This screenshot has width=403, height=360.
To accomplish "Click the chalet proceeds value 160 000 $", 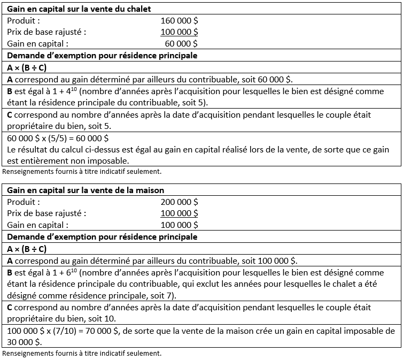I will pyautogui.click(x=179, y=20).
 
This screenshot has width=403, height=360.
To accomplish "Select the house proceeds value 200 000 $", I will pyautogui.click(x=179, y=202).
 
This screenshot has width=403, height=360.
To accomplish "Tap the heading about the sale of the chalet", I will pyautogui.click(x=80, y=9).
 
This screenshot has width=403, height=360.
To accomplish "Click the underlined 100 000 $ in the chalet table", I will pyautogui.click(x=179, y=32).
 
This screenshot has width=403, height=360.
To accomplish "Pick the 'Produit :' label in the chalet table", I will pyautogui.click(x=24, y=20).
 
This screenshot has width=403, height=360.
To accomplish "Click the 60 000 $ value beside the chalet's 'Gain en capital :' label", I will pyautogui.click(x=181, y=44).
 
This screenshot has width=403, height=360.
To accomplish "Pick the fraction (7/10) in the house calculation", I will pyautogui.click(x=61, y=331).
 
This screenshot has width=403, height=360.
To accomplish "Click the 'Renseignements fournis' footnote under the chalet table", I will pyautogui.click(x=82, y=172).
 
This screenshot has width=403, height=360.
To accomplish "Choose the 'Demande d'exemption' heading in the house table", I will pyautogui.click(x=102, y=237).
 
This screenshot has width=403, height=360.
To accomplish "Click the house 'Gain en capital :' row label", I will pyautogui.click(x=38, y=225).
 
